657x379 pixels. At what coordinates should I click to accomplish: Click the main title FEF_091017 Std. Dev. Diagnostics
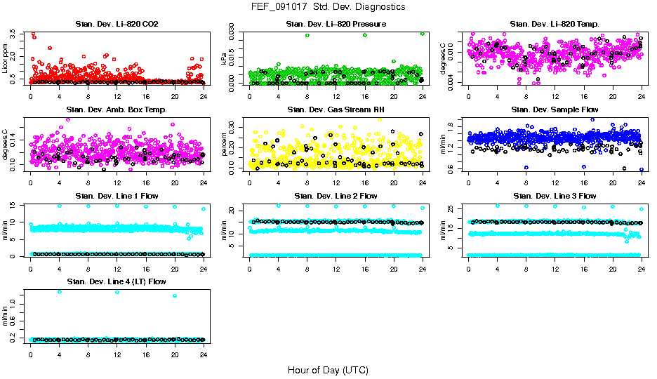tap(328, 7)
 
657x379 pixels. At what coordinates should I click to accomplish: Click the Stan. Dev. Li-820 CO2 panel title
tap(116, 25)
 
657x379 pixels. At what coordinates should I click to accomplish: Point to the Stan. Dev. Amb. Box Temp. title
tap(116, 110)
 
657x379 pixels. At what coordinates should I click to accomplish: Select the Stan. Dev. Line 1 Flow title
tap(116, 196)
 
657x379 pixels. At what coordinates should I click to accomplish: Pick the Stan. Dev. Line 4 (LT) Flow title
tap(116, 281)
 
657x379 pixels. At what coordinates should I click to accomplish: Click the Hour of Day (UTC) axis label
tap(328, 370)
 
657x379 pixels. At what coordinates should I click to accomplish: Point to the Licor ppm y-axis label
tap(6, 58)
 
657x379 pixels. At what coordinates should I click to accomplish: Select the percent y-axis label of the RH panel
tap(225, 144)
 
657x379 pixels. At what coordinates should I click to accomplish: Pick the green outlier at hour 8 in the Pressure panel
tap(307, 35)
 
